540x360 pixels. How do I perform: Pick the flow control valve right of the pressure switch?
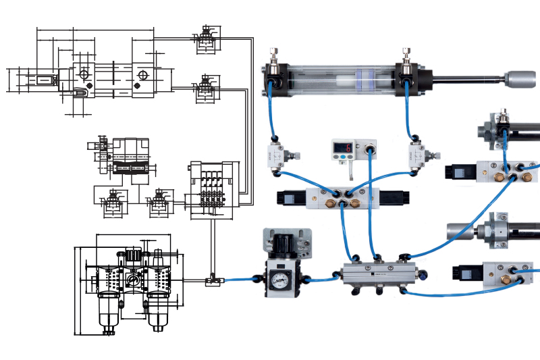417,155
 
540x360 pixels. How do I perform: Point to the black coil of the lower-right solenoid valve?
465,274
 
